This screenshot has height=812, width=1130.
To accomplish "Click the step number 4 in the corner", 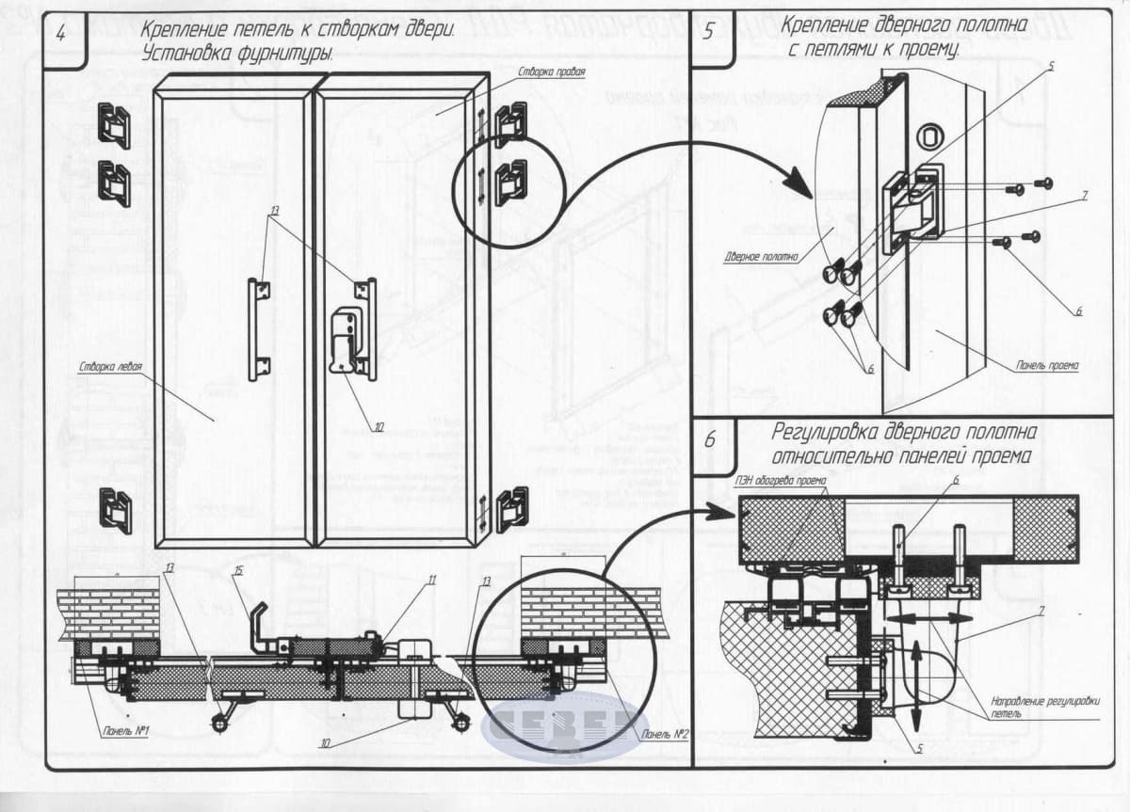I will click(61, 33).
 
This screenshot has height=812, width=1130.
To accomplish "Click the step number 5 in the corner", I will click(709, 30).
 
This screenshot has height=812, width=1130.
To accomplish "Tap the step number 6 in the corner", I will click(710, 439).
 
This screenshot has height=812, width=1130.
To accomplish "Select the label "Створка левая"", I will click(111, 368).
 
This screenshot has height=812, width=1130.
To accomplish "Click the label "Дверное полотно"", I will click(761, 256).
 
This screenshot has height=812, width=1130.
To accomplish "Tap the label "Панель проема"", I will click(1047, 365).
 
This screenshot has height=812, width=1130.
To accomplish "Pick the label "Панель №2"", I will click(660, 734).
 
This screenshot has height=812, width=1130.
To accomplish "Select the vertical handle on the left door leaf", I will click(255, 328).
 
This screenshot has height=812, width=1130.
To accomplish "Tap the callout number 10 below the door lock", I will click(379, 426).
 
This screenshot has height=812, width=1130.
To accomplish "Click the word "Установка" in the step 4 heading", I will click(186, 55).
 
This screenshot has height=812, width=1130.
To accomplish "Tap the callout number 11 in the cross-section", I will click(432, 580).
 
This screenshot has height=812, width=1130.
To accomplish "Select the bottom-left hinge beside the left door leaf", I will click(116, 511).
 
